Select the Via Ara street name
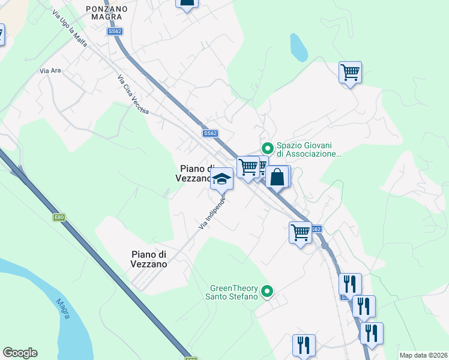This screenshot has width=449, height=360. [x=50, y=71]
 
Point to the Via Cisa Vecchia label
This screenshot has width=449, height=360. [x=133, y=94]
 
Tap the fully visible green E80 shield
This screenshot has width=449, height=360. [x=59, y=217]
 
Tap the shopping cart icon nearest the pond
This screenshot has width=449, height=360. [x=350, y=73]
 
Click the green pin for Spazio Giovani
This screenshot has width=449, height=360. [x=267, y=147]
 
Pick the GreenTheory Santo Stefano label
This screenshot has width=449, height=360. [x=234, y=292]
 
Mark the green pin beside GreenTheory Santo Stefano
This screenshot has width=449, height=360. [x=268, y=292]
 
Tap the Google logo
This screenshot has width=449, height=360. [x=20, y=353]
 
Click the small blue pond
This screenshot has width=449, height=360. [x=297, y=47]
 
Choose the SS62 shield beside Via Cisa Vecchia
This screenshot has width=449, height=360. [x=209, y=133]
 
